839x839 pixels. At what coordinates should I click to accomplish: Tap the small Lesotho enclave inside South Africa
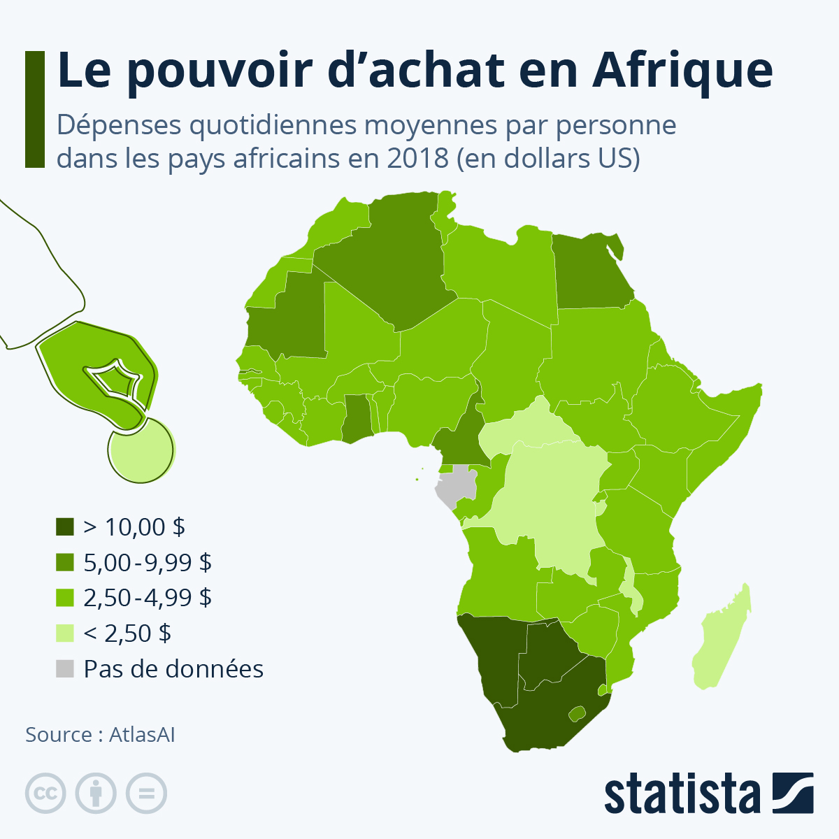click(576, 714)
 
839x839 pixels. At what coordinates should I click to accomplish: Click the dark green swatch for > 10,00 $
click(64, 526)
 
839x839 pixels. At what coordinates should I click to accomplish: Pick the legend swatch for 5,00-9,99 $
click(64, 562)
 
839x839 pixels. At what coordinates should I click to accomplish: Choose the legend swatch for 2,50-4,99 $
click(64, 598)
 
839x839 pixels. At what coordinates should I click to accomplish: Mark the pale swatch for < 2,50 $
click(64, 633)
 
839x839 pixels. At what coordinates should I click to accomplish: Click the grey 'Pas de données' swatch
click(64, 669)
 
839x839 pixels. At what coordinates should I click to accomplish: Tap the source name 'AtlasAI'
click(142, 735)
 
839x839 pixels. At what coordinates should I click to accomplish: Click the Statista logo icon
click(793, 793)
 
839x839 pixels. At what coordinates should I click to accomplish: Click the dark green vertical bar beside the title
click(34, 109)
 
